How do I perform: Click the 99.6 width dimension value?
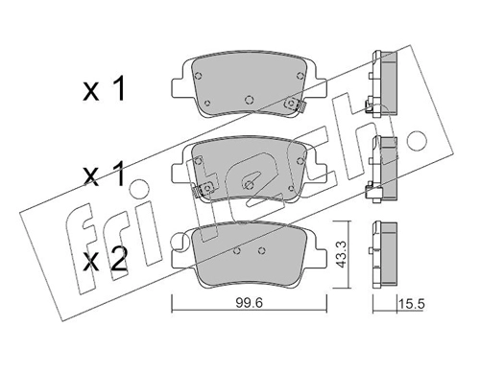coord(249,302)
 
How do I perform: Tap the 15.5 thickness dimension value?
coord(411,304)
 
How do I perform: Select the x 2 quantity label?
coord(105,262)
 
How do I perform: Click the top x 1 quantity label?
coord(104,90)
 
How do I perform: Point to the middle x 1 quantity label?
coord(104,174)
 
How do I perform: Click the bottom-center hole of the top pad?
coord(250,100)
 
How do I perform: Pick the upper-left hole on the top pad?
coord(198,76)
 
